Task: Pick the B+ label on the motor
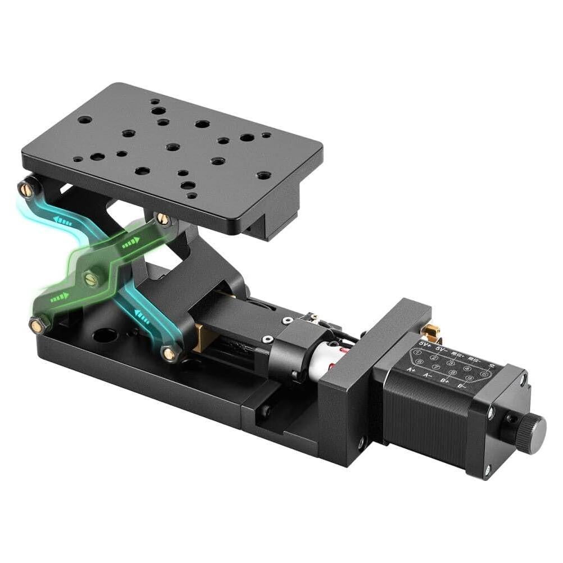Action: tap(446, 381)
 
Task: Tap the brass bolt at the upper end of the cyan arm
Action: tap(26, 190)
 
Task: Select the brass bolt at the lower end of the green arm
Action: tap(38, 325)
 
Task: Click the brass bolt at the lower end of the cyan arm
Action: tap(169, 353)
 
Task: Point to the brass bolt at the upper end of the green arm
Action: tap(163, 219)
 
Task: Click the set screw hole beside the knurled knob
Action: tap(511, 419)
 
